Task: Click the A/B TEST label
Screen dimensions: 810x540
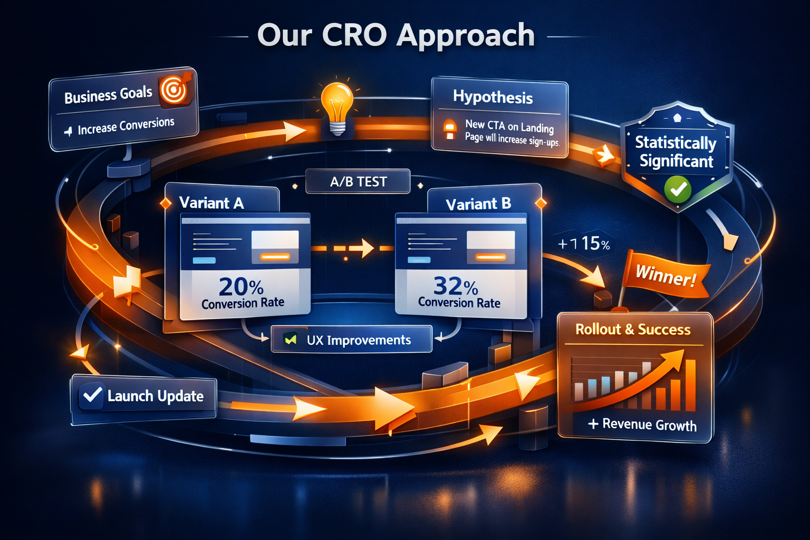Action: point(359,181)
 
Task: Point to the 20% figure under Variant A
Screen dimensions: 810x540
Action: point(241,287)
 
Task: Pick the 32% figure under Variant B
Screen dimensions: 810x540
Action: point(456,286)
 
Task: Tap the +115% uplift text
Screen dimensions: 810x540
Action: point(584,244)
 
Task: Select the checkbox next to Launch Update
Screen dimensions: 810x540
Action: point(92,396)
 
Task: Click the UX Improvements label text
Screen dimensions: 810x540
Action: point(359,340)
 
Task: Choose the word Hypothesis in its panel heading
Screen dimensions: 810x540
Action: point(493,97)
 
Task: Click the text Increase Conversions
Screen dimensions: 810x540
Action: point(126,126)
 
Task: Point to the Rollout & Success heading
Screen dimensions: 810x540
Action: point(633,330)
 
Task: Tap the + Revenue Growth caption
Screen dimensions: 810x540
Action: point(642,424)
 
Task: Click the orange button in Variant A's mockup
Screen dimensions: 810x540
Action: point(275,257)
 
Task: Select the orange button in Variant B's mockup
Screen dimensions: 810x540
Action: point(490,257)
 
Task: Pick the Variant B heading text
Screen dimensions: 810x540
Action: point(478,205)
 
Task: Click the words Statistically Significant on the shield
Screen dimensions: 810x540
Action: point(676,152)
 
